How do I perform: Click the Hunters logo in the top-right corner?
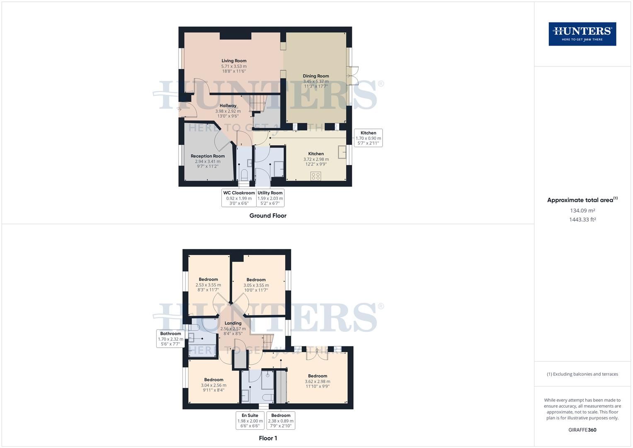tap(582, 34)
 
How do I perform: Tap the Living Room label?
tap(234, 61)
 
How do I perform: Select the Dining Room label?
tap(315, 76)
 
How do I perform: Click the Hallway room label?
tap(228, 106)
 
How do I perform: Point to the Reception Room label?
tap(208, 156)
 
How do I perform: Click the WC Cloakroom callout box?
tap(239, 198)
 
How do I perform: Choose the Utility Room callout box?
tap(270, 198)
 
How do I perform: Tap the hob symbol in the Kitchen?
tap(315, 176)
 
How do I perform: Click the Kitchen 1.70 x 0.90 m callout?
tap(368, 138)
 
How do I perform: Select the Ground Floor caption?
tap(268, 216)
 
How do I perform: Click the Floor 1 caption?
tap(268, 438)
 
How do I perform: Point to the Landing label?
tap(233, 323)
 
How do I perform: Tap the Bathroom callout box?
tap(170, 338)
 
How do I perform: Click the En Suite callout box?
tap(250, 420)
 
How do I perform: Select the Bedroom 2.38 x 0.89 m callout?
tap(281, 420)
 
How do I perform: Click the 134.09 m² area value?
tap(582, 210)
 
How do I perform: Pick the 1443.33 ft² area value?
tap(582, 220)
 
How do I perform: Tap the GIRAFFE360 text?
tap(582, 430)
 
